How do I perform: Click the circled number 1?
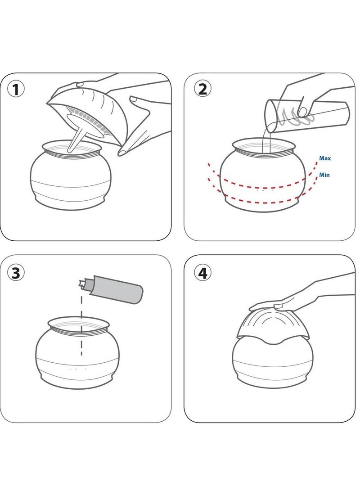(15, 90)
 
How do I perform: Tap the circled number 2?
(202, 89)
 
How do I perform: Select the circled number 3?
(16, 273)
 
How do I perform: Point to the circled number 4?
(202, 273)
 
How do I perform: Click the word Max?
(325, 158)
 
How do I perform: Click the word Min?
(324, 175)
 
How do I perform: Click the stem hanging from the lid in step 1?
(76, 140)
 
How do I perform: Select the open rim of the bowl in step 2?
(264, 146)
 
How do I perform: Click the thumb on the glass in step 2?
(302, 112)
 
